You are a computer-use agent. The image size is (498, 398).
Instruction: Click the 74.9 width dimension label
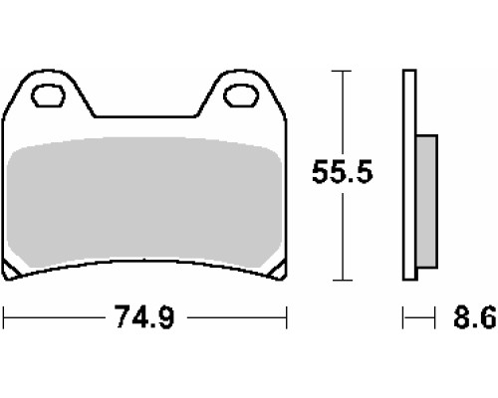pyautogui.click(x=143, y=316)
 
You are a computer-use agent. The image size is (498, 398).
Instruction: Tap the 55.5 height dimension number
pyautogui.click(x=343, y=171)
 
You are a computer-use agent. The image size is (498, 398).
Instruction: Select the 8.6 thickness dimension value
pyautogui.click(x=475, y=316)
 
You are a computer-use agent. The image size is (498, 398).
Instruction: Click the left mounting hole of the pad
pyautogui.click(x=48, y=96)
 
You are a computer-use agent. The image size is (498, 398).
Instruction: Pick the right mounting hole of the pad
pyautogui.click(x=241, y=96)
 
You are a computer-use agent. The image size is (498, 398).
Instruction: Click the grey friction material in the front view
pyautogui.click(x=144, y=202)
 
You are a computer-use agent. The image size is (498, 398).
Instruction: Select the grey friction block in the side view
pyautogui.click(x=426, y=201)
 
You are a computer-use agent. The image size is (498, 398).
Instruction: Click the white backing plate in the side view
pyautogui.click(x=409, y=175)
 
